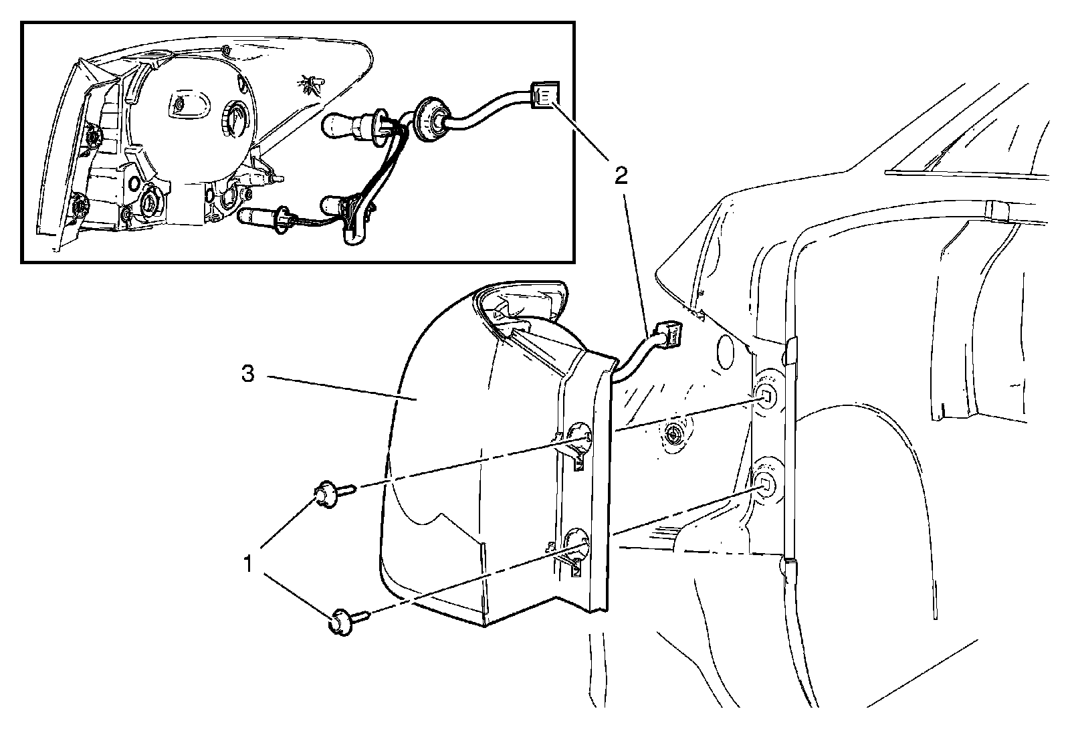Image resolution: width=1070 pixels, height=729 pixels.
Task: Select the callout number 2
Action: (x=621, y=176)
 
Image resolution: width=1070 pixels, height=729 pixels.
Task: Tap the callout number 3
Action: (x=247, y=375)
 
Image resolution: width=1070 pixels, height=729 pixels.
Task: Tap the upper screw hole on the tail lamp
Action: (x=578, y=438)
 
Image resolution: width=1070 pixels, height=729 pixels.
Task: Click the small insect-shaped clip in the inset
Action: (x=310, y=84)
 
